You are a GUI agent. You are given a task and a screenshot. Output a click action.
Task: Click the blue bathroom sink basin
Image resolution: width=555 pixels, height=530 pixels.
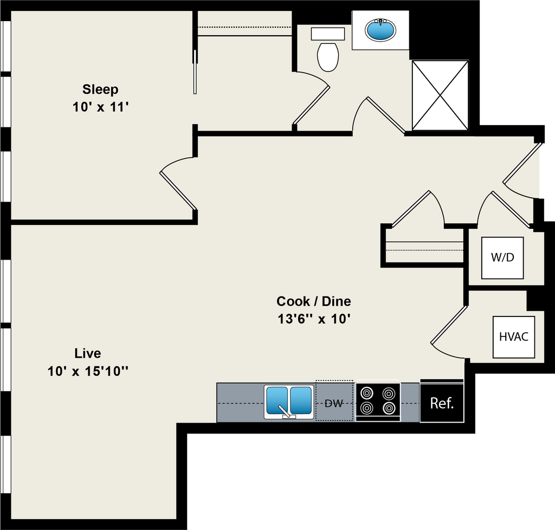(380, 30)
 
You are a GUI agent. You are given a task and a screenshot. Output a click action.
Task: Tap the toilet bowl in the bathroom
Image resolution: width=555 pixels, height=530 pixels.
(328, 56)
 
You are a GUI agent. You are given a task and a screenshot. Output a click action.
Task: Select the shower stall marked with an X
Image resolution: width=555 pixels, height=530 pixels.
(440, 95)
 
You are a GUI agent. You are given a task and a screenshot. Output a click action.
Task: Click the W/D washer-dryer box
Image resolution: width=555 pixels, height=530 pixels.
(502, 257)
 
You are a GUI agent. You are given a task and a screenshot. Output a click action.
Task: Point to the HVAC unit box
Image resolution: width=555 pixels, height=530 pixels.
(514, 337)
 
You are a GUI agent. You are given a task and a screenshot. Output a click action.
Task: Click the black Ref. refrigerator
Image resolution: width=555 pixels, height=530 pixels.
(442, 403)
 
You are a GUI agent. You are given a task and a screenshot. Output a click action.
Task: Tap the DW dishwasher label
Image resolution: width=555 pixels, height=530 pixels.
(334, 403)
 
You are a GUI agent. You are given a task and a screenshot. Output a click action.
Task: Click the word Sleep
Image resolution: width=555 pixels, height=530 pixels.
(100, 89)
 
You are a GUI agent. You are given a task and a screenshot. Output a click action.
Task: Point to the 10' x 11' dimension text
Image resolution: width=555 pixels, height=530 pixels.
(100, 107)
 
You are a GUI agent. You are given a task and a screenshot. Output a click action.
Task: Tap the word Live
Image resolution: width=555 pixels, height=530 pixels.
(87, 353)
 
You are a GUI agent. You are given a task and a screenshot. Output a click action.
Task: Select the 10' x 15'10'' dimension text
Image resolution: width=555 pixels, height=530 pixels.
(87, 371)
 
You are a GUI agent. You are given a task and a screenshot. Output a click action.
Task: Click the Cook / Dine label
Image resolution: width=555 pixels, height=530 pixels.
(314, 301)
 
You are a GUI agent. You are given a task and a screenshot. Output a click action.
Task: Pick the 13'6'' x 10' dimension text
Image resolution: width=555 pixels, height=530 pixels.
(314, 319)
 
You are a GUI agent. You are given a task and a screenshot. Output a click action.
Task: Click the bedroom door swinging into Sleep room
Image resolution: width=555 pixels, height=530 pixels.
(178, 191)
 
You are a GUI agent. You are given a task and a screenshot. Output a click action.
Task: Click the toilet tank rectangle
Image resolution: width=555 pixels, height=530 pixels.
(328, 34)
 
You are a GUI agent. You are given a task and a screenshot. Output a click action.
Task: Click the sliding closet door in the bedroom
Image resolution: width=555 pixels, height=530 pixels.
(195, 72)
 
